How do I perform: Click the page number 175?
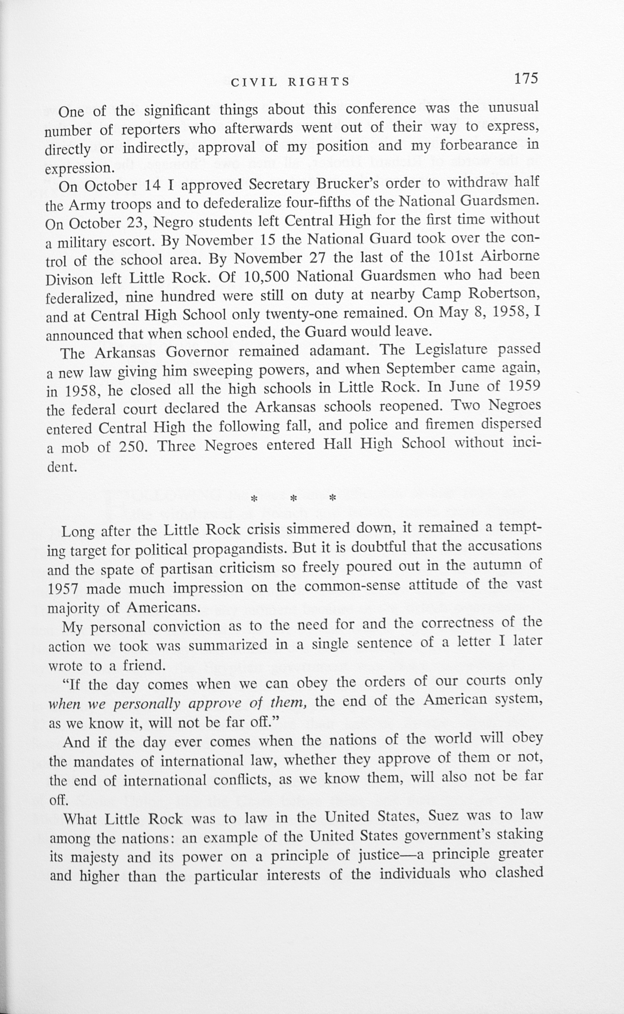coord(526,78)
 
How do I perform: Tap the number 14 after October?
coord(153,185)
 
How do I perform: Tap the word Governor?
coord(197,353)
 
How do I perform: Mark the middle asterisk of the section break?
coord(293,498)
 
